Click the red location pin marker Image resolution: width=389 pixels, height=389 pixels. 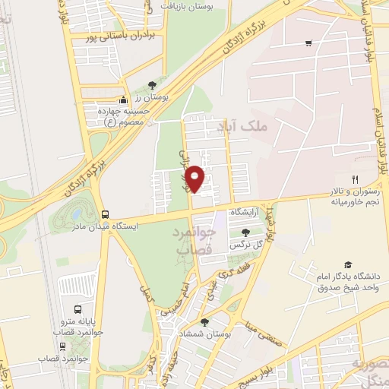[197, 179]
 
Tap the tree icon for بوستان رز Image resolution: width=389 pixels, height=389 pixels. [152, 85]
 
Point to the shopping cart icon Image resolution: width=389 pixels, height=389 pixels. [308, 43]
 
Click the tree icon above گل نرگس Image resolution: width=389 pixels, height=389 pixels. [245, 233]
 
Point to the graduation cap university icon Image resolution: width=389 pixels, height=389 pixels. [348, 264]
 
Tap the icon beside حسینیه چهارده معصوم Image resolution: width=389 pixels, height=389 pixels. [123, 100]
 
